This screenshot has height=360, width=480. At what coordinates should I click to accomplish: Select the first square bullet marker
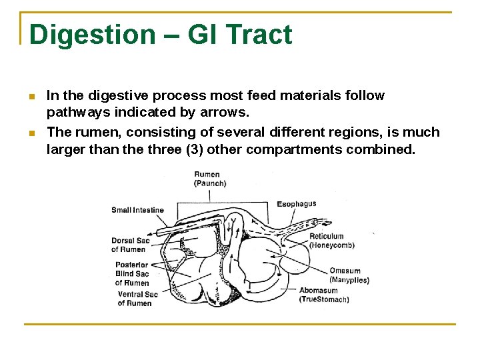tap(31, 97)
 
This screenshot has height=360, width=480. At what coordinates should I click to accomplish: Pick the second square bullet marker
tap(31, 134)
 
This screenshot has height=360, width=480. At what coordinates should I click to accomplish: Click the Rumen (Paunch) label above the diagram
tap(210, 179)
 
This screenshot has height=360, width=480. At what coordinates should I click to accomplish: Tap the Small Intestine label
tap(137, 210)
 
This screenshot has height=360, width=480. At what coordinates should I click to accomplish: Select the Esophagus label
tap(296, 204)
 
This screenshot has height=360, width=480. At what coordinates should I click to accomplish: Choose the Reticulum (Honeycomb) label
tap(332, 241)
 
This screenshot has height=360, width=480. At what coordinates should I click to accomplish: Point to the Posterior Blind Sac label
tap(132, 273)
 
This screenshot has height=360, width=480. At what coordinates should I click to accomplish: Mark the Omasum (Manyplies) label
tap(349, 275)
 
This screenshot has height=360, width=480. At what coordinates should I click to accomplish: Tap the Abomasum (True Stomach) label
tap(324, 295)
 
